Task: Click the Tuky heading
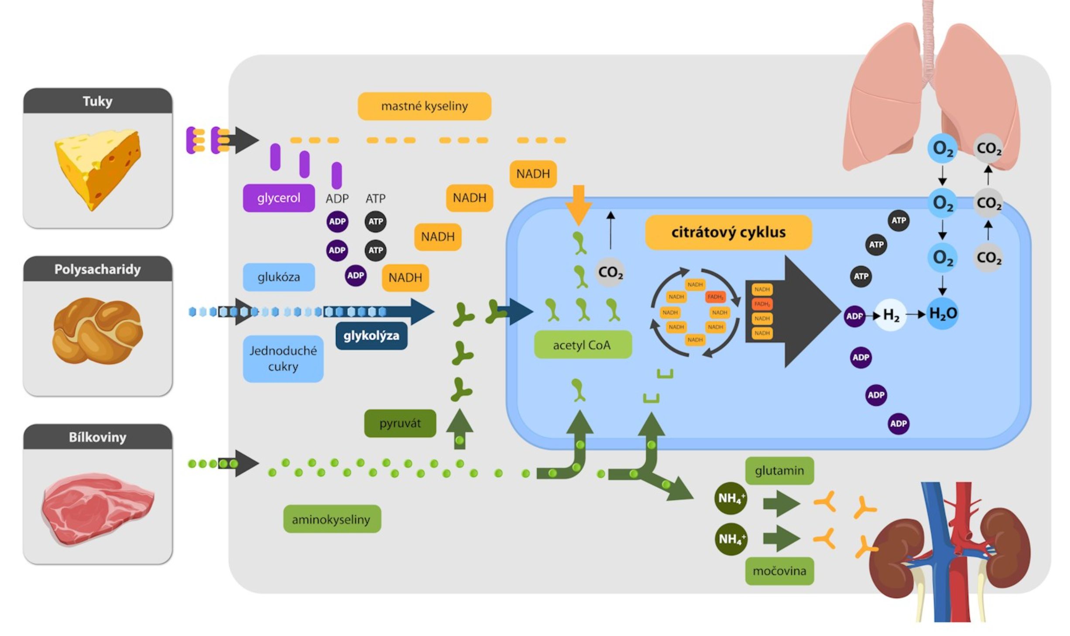coord(97,101)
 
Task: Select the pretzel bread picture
coord(97,331)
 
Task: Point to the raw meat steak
coord(97,508)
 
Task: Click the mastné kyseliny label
coord(424,106)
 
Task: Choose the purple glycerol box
coord(278,198)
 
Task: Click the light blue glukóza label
coord(278,277)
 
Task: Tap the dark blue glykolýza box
coord(371,335)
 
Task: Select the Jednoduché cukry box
coord(283,359)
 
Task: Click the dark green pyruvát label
coord(400,423)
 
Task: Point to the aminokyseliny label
coord(332,519)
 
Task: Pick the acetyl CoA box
coord(582,345)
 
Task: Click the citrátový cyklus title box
coord(728,232)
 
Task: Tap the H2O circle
coord(943,313)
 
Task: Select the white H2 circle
coord(891,315)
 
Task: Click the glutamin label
coord(779,471)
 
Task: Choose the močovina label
coord(779,571)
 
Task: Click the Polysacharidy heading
coord(97,269)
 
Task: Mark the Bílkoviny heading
coord(97,437)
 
